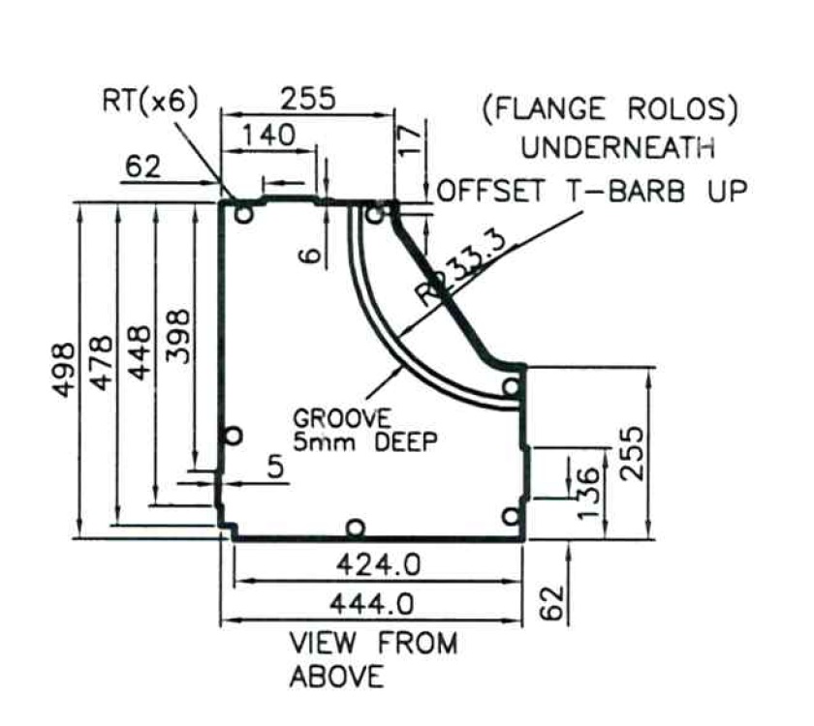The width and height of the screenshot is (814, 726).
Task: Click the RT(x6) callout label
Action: click(x=149, y=104)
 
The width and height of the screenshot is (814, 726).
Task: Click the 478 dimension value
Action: click(x=101, y=363)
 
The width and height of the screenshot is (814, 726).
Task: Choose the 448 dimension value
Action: click(x=139, y=355)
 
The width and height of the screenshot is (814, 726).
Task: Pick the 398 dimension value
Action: click(x=178, y=336)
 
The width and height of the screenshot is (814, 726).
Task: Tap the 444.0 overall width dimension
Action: click(x=375, y=605)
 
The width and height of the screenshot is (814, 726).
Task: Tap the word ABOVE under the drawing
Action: click(x=336, y=677)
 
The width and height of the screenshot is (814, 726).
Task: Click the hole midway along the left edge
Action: click(x=233, y=436)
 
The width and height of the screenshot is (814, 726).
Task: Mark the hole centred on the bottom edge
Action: click(x=356, y=529)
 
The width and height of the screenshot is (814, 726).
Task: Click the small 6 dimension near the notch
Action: click(x=309, y=254)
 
